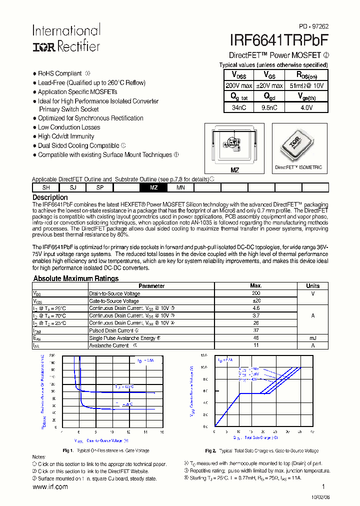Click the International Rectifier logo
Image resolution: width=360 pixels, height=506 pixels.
pyautogui.click(x=66, y=38)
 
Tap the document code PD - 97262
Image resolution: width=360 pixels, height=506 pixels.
pyautogui.click(x=314, y=26)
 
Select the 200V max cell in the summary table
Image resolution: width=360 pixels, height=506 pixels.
pyautogui.click(x=239, y=85)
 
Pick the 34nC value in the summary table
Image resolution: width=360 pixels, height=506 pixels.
pyautogui.click(x=239, y=107)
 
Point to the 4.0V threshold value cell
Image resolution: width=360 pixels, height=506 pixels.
pyautogui.click(x=306, y=107)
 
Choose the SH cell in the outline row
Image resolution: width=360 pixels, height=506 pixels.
pyautogui.click(x=46, y=187)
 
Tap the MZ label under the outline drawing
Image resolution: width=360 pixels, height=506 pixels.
pyautogui.click(x=234, y=170)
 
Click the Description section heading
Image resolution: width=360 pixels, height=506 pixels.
pyautogui.click(x=50, y=197)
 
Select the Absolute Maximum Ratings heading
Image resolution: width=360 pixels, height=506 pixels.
pyautogui.click(x=76, y=278)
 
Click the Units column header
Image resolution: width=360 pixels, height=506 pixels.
pyautogui.click(x=313, y=286)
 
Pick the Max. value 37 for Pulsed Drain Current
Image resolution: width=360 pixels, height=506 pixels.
pyautogui.click(x=256, y=330)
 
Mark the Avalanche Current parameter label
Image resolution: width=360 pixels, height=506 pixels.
pyautogui.click(x=109, y=345)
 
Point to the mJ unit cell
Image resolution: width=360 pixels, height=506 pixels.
pyautogui.click(x=313, y=338)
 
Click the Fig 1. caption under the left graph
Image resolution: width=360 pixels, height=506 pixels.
pyautogui.click(x=106, y=450)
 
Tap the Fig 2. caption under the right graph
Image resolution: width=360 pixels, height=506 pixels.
pyautogui.click(x=261, y=450)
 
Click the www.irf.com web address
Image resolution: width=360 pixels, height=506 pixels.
pyautogui.click(x=50, y=486)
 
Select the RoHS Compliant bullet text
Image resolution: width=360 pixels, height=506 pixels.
pyautogui.click(x=60, y=73)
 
